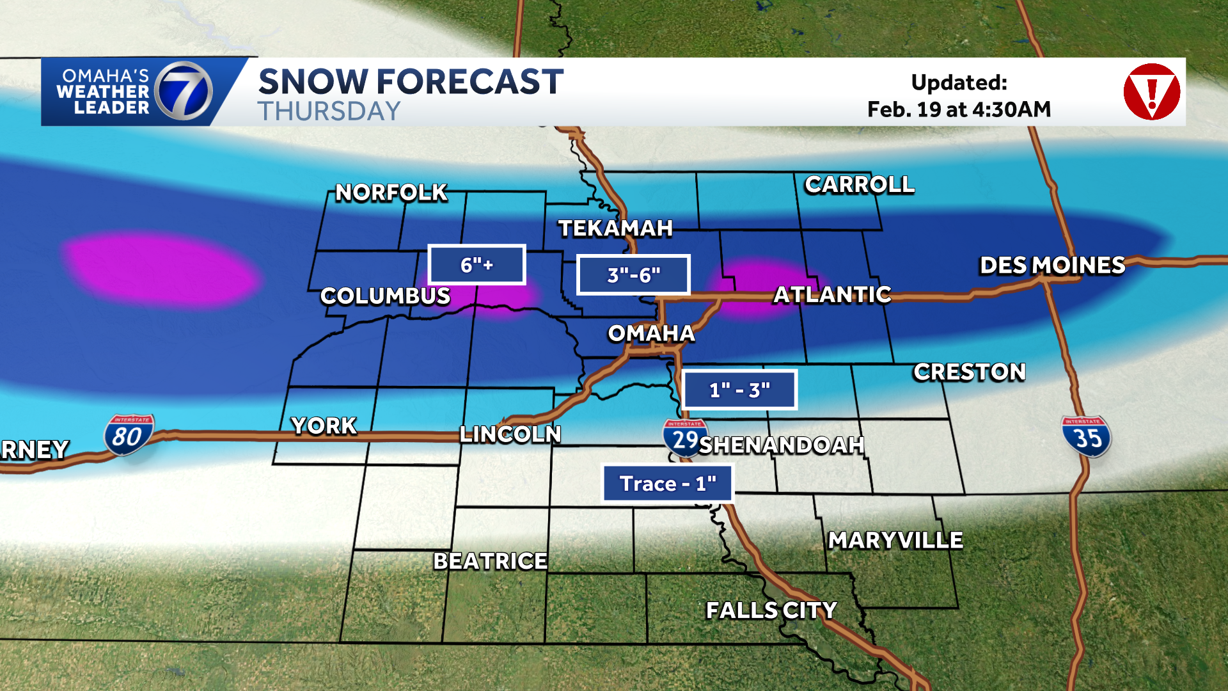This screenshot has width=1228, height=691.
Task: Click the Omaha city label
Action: coord(650,333)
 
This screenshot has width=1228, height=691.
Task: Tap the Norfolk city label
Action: coord(391,193)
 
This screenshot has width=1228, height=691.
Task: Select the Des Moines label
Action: coord(1052,266)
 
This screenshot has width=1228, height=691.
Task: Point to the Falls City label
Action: coord(771,610)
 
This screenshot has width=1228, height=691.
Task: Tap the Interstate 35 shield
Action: coord(1087,437)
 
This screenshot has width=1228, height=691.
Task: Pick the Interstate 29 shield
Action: coord(684,438)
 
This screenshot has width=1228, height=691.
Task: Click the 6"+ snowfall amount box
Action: coord(476,265)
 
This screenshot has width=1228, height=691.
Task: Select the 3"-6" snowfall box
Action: coord(633,275)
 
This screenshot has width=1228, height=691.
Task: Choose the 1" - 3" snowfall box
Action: coord(739,390)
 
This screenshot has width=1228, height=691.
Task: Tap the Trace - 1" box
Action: coord(668,484)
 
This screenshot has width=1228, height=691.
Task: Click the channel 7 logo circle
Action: coord(184,91)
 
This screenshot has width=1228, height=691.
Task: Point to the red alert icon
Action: coord(1151,91)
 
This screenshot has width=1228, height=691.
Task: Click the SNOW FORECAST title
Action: coord(411,82)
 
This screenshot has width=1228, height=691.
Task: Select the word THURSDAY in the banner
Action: coord(329,112)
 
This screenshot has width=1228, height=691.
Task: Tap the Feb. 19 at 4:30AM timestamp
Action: coord(959,110)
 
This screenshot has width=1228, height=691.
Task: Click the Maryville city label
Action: coord(895,541)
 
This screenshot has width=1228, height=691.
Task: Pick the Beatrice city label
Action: coord(490,561)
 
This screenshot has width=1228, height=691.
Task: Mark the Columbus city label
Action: coord(385,296)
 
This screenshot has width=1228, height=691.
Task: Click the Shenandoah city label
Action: coord(782,445)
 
